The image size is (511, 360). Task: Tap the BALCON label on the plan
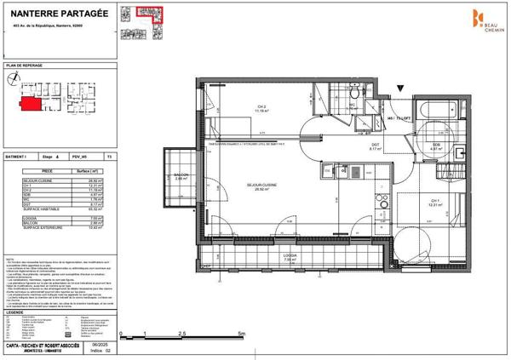click(x=181, y=177)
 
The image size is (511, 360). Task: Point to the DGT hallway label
click(x=375, y=147)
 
